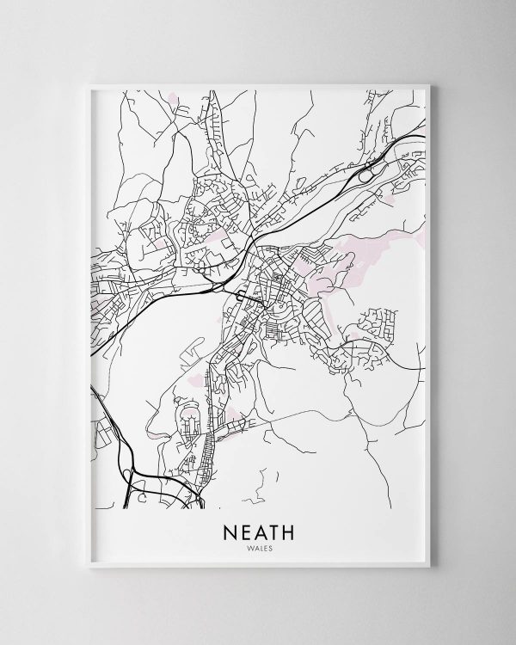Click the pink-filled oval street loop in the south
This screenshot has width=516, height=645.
pyautogui.click(x=187, y=422)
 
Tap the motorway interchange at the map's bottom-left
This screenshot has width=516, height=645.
pyautogui.click(x=138, y=487)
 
